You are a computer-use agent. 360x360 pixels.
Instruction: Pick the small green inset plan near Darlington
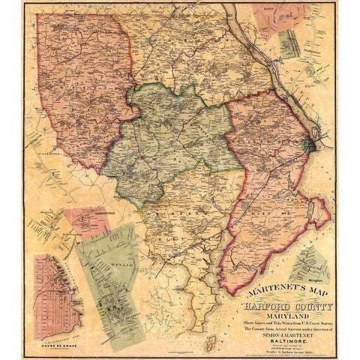(289, 43)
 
